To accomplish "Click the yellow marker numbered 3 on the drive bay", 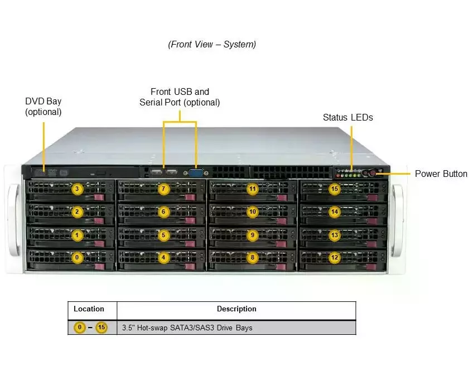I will [78, 189].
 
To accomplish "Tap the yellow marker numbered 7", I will [163, 189].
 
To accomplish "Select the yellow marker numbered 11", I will [253, 189].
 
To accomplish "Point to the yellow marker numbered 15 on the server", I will [335, 189].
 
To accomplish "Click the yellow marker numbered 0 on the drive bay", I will [78, 258].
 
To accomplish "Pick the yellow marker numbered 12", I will [335, 258].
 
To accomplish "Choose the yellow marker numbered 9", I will [253, 235].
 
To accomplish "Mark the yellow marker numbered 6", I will [163, 212].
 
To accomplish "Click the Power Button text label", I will [441, 174].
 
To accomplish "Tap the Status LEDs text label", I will [348, 118].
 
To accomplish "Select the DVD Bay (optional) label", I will [43, 107].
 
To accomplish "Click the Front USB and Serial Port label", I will [180, 97].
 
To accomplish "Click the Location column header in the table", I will [89, 309].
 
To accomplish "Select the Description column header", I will [236, 309].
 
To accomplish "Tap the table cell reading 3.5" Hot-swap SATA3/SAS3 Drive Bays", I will [187, 328].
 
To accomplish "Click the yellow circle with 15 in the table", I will [101, 328].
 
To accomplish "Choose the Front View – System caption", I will [212, 45].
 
